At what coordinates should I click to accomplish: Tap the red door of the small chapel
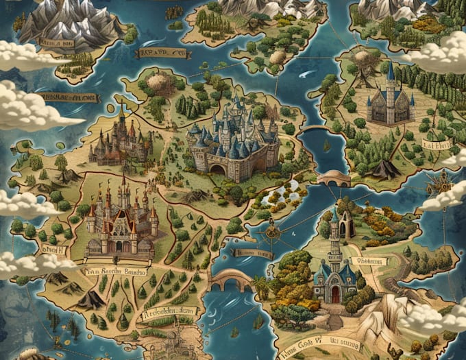click(335, 293)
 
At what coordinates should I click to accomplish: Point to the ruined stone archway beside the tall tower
click(347, 224)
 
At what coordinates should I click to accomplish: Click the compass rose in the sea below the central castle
click(272, 232)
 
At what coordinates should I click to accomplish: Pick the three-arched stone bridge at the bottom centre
click(231, 279)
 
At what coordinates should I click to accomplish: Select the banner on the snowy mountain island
click(57, 43)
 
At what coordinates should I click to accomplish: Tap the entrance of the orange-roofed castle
click(123, 245)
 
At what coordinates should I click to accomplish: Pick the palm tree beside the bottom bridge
click(260, 284)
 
